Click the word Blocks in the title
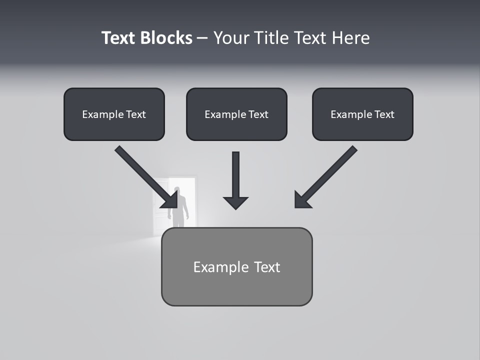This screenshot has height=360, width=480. [x=166, y=38]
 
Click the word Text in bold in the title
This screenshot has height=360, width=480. [x=118, y=38]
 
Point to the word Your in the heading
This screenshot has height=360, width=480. [x=231, y=38]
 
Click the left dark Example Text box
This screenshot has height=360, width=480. [x=114, y=114]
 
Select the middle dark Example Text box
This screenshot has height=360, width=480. [x=236, y=114]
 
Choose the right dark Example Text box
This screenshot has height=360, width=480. [x=362, y=114]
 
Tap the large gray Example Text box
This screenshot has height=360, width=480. [x=236, y=267]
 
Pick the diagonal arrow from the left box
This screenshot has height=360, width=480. [x=145, y=175]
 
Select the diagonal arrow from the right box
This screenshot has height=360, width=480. [x=327, y=175]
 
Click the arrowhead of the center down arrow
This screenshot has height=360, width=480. [x=235, y=202]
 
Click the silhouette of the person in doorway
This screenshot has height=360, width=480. [x=178, y=207]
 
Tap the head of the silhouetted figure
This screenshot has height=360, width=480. [x=177, y=190]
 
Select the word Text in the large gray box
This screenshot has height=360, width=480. [x=267, y=267]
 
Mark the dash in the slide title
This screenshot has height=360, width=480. [x=202, y=38]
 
